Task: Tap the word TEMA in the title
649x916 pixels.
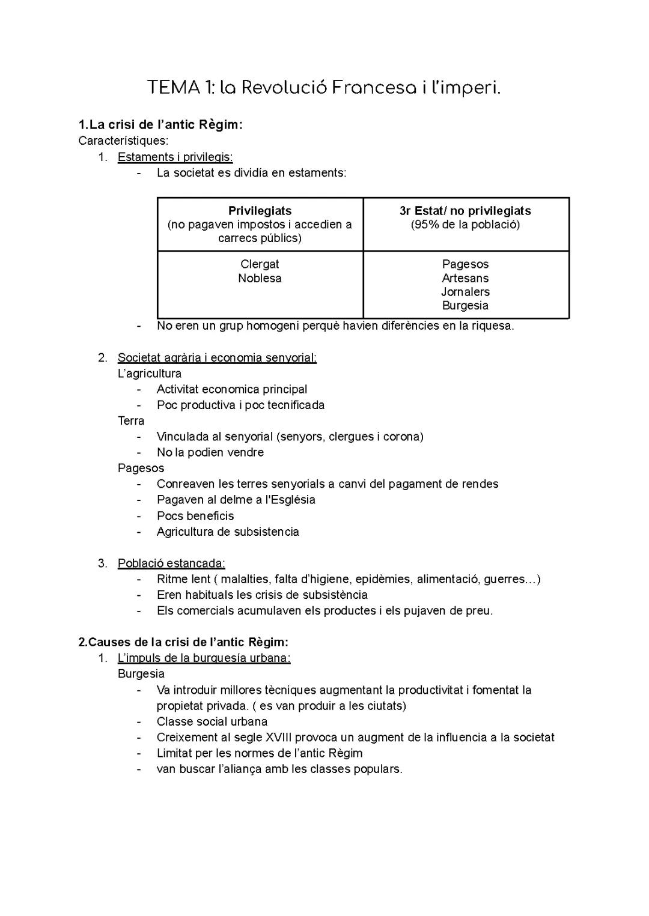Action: click(x=175, y=88)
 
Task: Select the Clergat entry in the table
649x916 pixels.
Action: click(x=260, y=264)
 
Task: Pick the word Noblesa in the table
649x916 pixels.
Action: click(x=260, y=278)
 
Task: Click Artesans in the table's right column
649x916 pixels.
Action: click(x=465, y=278)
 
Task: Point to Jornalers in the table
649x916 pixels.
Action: click(x=465, y=292)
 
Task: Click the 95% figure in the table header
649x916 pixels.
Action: click(x=424, y=225)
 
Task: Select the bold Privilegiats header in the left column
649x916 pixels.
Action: click(x=260, y=211)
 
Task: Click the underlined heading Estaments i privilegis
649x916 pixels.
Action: click(x=175, y=157)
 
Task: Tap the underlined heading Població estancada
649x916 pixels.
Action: click(x=171, y=563)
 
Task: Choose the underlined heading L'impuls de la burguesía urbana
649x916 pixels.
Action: click(x=204, y=658)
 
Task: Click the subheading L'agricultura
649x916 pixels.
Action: click(x=150, y=374)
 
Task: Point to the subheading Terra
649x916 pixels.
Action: click(x=131, y=420)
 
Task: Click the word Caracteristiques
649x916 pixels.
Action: click(x=123, y=141)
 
